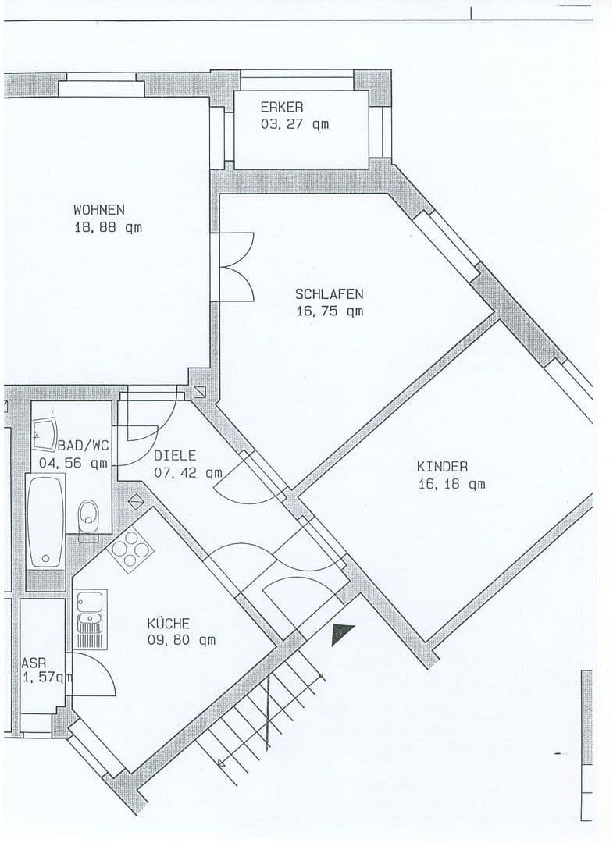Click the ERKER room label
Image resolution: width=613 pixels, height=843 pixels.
[281, 107]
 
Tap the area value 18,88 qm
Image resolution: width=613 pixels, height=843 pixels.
[109, 228]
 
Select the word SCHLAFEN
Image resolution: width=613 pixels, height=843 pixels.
[329, 294]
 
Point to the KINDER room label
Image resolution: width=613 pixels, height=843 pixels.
[442, 467]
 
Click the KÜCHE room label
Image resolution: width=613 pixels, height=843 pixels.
[168, 624]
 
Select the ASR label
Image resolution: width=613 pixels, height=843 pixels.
[34, 663]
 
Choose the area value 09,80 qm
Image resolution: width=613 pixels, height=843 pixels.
[181, 641]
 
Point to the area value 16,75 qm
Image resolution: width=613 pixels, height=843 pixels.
[329, 311]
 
